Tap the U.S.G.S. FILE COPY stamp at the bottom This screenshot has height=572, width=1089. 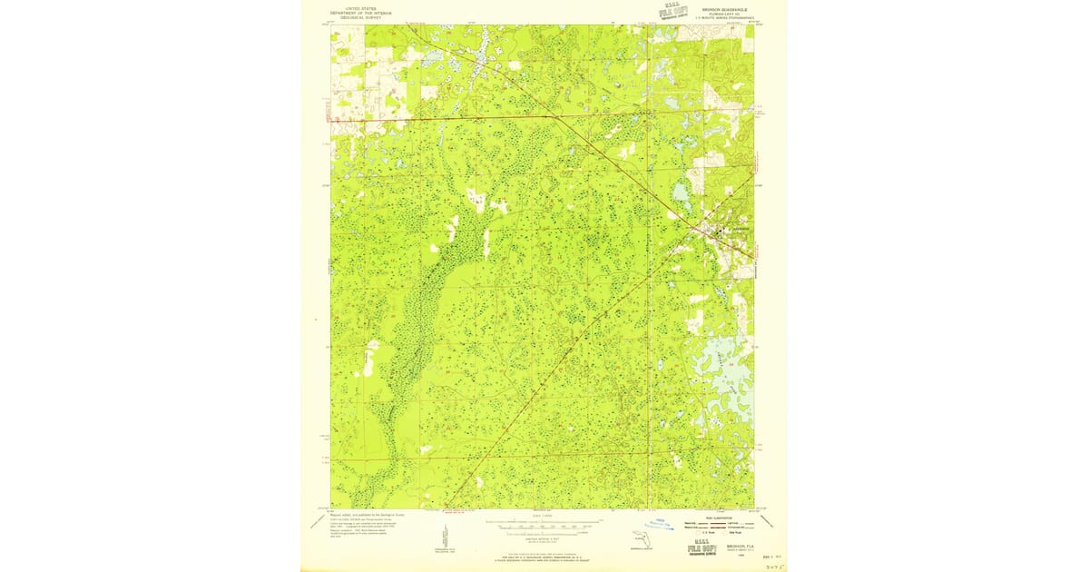[701, 547]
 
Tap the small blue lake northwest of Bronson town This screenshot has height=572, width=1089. [681, 192]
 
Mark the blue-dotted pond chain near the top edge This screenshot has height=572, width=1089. [480, 50]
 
